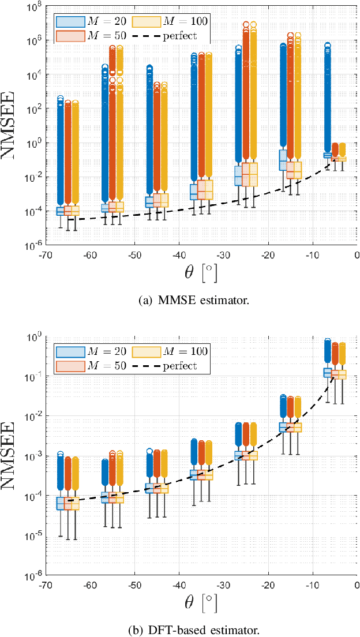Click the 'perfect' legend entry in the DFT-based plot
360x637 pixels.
[170, 366]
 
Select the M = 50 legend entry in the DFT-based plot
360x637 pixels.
[91, 366]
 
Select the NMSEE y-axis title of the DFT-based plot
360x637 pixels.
[13, 456]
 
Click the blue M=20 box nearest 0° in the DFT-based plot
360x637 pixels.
[328, 373]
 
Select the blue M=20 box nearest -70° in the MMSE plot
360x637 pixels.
[61, 211]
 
